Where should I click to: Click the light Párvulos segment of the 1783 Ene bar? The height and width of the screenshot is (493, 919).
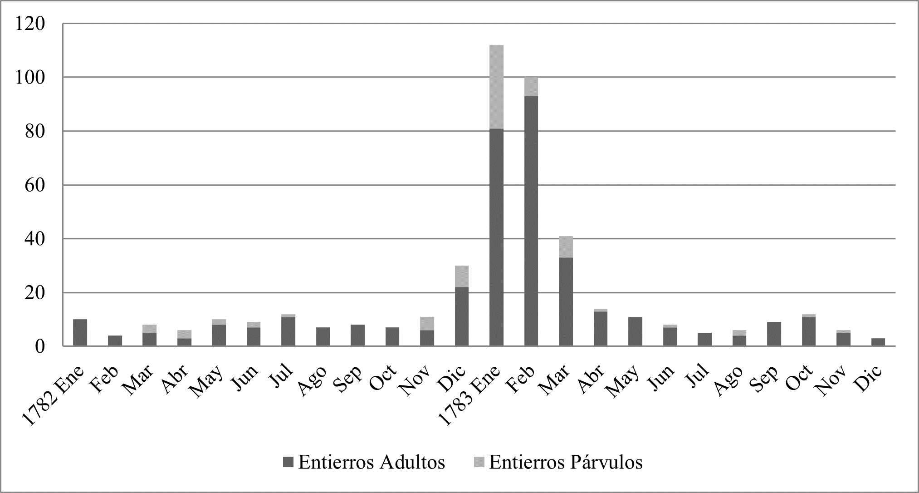coord(496,87)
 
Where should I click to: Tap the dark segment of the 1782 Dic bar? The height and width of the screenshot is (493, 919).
coord(461,316)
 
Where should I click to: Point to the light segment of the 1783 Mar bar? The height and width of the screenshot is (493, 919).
coord(566,247)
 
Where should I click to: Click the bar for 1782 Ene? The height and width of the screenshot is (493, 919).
coord(80,333)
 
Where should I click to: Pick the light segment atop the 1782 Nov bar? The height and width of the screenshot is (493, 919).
coord(427,323)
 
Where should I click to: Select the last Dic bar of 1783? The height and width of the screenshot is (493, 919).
coord(878,342)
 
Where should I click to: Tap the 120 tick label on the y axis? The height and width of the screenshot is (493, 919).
coord(30,24)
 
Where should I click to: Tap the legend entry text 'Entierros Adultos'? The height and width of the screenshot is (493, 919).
coord(371,463)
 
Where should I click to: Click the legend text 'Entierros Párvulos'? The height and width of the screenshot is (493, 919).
coord(566,463)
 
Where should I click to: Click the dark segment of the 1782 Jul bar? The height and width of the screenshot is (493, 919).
coord(288,331)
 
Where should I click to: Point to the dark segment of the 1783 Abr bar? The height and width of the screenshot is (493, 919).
coord(600,329)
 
